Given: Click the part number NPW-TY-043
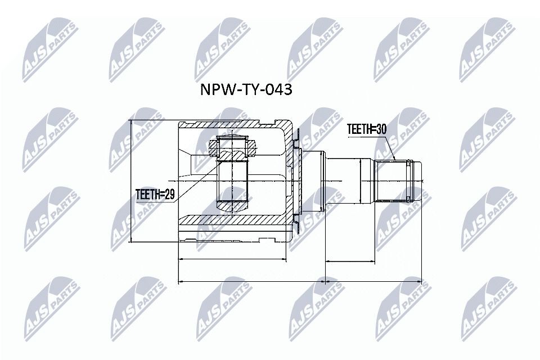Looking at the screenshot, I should [x=246, y=90].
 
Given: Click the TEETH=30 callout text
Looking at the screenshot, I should [x=367, y=129].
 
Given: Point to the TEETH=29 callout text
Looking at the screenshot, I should [x=156, y=195].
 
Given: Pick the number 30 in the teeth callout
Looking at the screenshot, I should [x=381, y=129].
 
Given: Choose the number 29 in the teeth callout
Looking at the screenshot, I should [x=170, y=195].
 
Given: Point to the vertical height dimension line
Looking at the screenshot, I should [x=130, y=181].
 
